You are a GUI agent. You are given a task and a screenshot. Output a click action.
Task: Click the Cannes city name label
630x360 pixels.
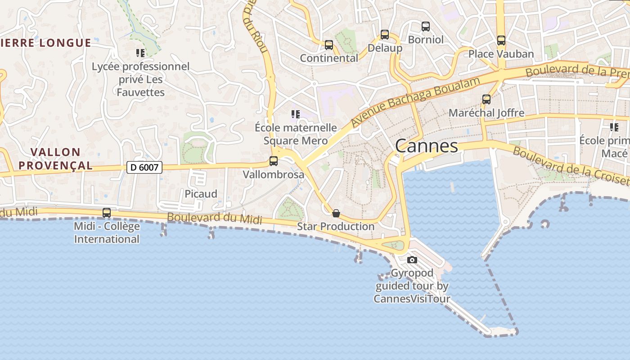click(x=427, y=146)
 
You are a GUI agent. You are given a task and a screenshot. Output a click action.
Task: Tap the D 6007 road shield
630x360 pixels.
click(x=144, y=167)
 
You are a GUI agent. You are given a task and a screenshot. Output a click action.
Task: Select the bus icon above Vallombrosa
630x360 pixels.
click(x=273, y=161)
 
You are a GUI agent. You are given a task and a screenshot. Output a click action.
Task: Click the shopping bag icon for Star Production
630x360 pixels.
click(x=336, y=213)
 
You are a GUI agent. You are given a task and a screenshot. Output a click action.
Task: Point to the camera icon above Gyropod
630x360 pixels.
click(x=412, y=260)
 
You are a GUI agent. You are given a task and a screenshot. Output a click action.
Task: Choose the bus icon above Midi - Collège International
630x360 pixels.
click(x=107, y=213)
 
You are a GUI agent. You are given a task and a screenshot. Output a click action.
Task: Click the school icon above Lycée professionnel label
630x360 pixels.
click(x=140, y=53)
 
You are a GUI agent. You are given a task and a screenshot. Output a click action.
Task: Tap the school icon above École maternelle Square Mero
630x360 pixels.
click(x=295, y=114)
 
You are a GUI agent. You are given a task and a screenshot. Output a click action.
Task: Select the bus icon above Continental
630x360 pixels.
click(x=329, y=45)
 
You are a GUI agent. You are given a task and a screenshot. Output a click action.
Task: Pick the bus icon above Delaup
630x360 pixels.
click(x=385, y=35)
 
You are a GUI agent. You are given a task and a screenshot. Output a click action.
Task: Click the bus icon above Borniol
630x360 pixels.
click(x=426, y=27)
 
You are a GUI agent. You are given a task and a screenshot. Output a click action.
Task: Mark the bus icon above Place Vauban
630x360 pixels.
click(x=501, y=40)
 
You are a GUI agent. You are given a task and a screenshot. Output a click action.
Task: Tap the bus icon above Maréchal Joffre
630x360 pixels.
click(x=486, y=99)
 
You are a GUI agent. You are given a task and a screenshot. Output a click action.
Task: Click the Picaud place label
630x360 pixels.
click(x=201, y=194)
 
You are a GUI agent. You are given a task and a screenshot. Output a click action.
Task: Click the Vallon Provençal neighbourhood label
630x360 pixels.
click(x=56, y=159)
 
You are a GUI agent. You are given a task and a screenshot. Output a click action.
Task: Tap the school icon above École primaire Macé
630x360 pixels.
click(x=614, y=127)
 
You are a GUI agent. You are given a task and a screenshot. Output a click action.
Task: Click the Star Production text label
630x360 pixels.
click(x=336, y=226)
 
